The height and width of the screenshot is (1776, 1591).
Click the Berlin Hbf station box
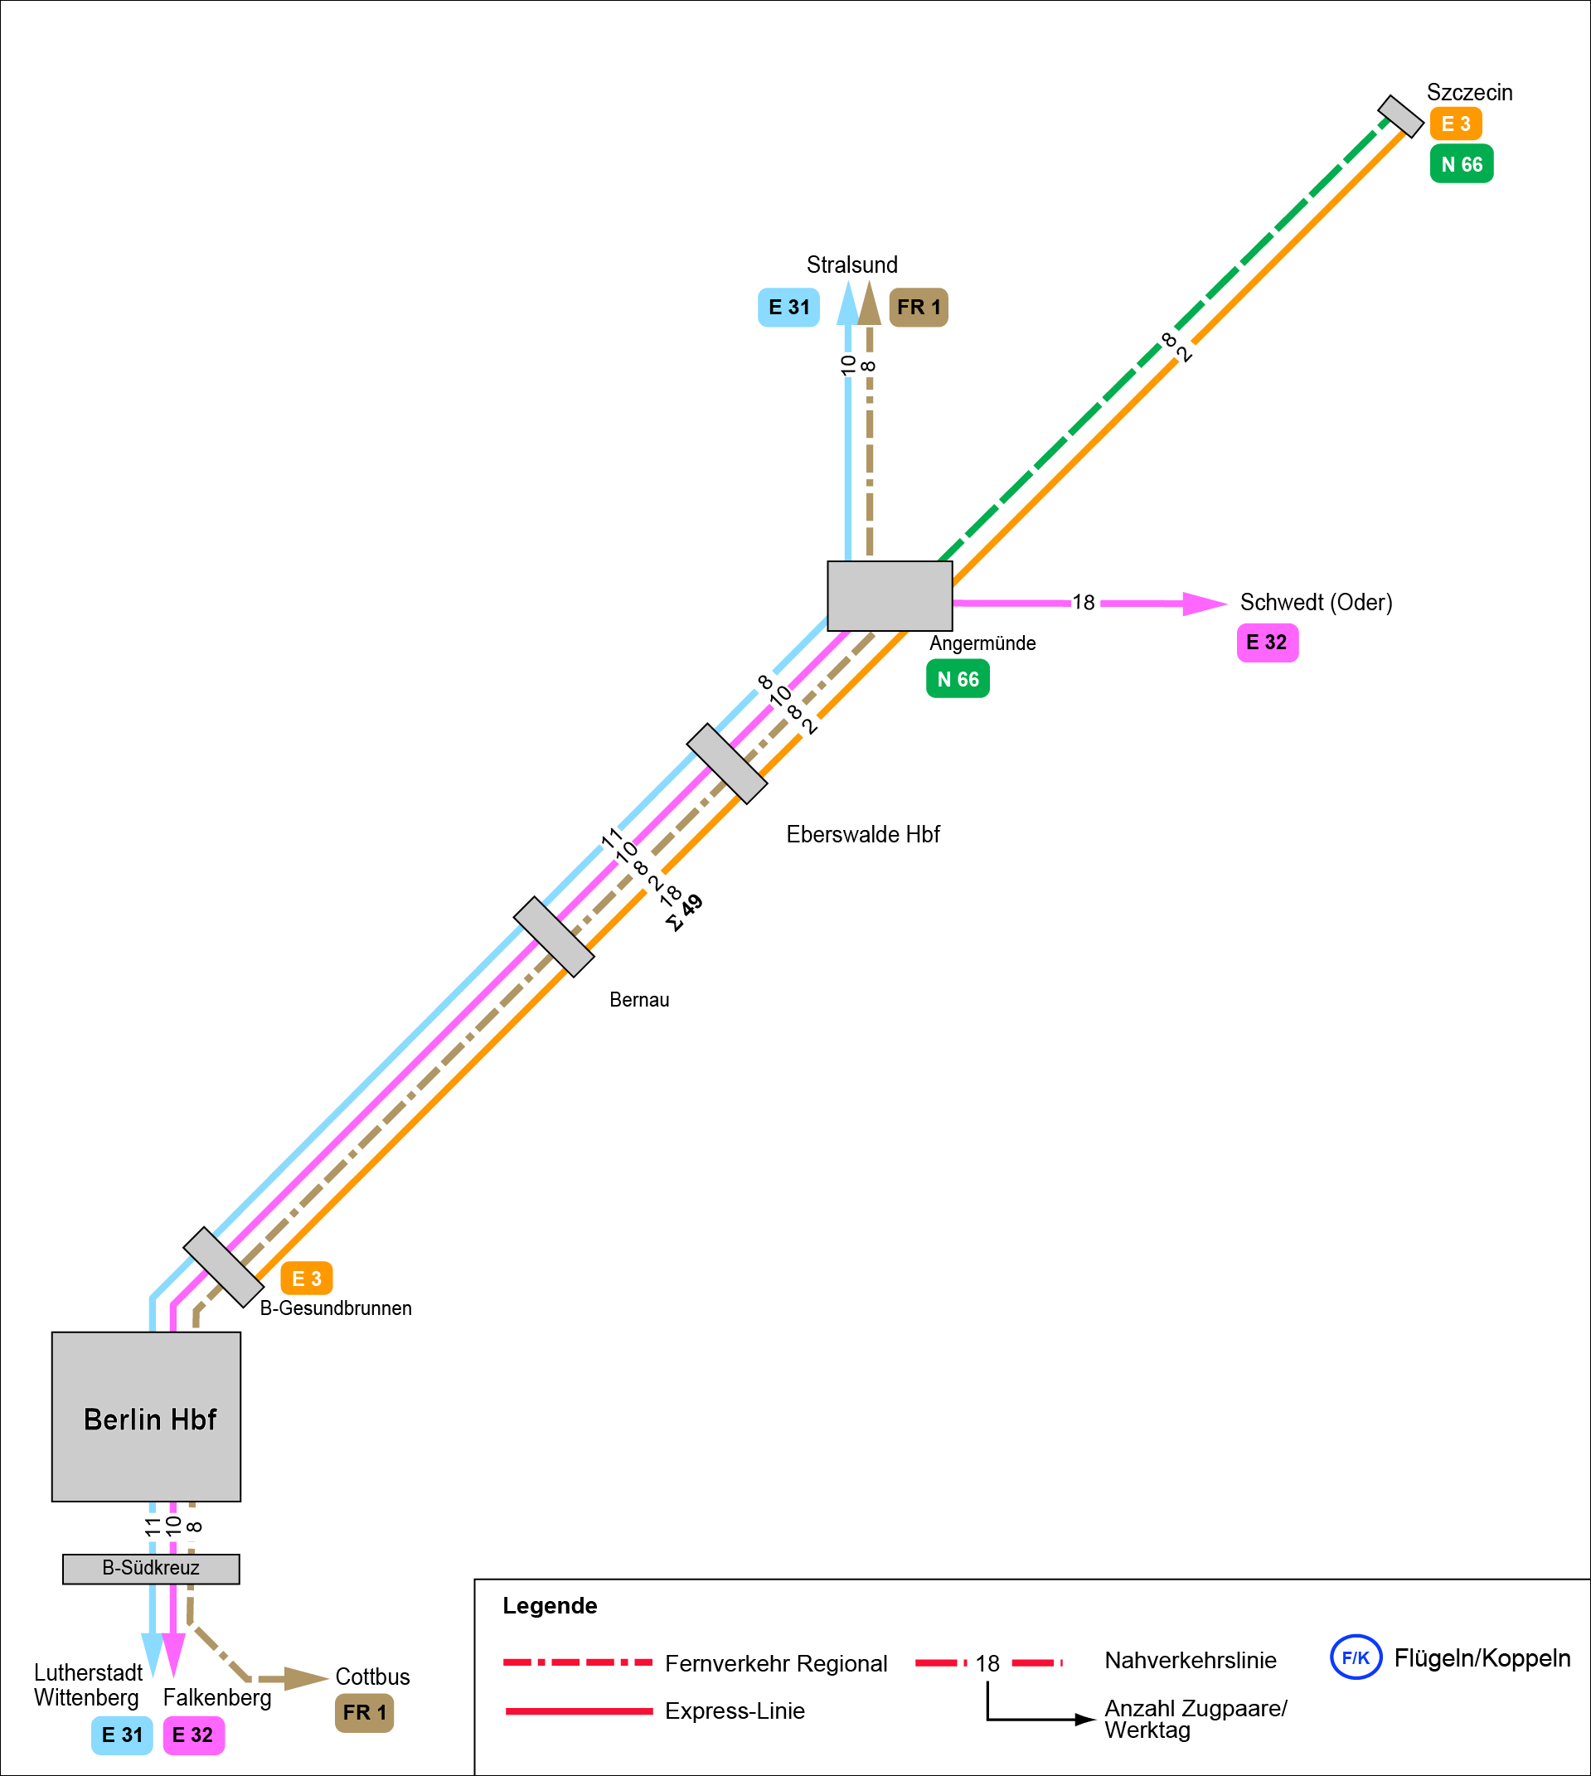146,1417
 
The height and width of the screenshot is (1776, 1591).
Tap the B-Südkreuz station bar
151,1568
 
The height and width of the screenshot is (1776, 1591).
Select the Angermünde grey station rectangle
889,596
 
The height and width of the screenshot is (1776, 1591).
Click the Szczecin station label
1468,93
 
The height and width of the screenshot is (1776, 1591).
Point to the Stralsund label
851,264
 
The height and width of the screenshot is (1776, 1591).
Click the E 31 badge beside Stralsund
788,308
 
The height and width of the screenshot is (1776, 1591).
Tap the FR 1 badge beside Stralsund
918,308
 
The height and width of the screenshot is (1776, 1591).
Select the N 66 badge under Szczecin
1461,164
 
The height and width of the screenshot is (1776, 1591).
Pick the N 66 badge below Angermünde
958,679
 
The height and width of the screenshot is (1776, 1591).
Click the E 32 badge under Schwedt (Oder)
1267,643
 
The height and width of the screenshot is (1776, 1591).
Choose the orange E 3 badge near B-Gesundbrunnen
306,1279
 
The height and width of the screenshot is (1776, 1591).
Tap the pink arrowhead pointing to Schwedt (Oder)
1204,603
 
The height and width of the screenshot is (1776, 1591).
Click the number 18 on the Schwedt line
1083,602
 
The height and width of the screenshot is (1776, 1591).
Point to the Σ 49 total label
684,913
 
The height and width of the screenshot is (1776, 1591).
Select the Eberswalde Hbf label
863,834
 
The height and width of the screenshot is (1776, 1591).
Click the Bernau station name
639,1000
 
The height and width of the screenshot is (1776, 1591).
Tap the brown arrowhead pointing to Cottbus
305,1678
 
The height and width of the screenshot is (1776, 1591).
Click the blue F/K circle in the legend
1355,1657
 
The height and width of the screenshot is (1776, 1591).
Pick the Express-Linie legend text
735,1710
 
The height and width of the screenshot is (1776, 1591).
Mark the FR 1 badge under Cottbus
364,1712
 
